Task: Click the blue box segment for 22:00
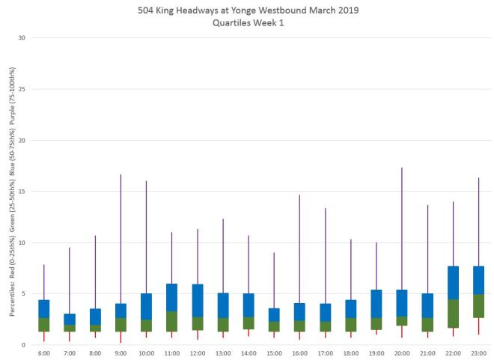pos(453,283)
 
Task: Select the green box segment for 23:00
pos(478,305)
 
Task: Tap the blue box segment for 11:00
pos(171,297)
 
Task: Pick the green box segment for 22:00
pos(453,314)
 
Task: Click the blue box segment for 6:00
pos(44,308)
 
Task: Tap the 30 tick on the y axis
pos(22,38)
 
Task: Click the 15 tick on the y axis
pos(22,192)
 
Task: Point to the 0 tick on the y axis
pos(24,345)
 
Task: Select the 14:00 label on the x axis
pos(248,353)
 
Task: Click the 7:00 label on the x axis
pos(70,353)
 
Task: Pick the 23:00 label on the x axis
pos(478,353)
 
